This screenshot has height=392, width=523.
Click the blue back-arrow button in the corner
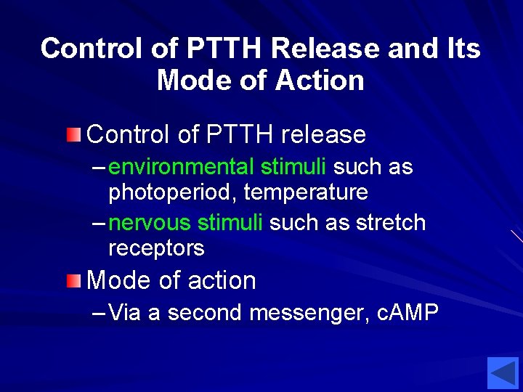(503, 374)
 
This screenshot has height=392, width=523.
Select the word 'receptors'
(156, 248)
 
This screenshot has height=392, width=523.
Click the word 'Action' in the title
(320, 80)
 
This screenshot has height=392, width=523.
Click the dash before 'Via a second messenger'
(100, 313)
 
